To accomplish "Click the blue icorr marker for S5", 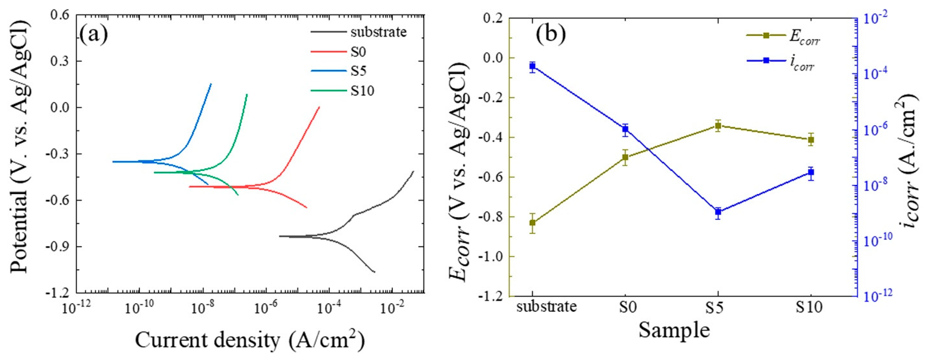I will point(718,212).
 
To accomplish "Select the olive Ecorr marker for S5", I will point(718,126).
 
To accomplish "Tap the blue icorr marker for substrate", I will point(532,66).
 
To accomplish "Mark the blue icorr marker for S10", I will point(811,172).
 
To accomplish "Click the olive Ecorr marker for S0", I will point(625,157).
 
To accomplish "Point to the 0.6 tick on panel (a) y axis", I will point(61,15).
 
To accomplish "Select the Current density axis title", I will point(250,340).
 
